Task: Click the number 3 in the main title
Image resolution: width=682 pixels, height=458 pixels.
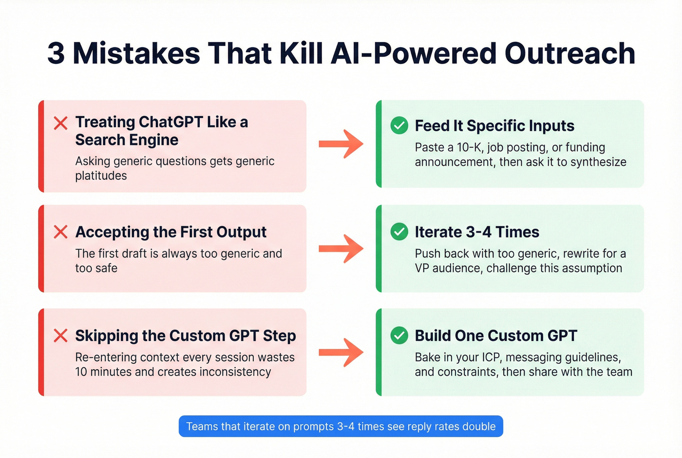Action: [56, 53]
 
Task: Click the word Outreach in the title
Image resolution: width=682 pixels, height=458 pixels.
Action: [569, 53]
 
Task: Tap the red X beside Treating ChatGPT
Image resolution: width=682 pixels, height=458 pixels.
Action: [61, 123]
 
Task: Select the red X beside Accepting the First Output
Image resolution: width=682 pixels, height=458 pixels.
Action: [61, 232]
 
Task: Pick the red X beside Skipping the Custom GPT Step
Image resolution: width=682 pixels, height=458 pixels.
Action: [61, 336]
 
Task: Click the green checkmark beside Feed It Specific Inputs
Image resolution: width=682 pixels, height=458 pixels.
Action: [399, 125]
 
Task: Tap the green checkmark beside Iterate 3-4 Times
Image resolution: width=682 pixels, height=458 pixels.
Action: [399, 232]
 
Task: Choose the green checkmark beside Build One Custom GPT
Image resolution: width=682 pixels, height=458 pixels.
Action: [399, 336]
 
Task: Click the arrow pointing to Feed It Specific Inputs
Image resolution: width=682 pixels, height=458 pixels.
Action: [341, 144]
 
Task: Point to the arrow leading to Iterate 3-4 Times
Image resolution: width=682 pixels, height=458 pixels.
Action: [341, 249]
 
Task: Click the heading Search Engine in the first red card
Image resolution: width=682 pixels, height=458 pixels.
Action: [127, 140]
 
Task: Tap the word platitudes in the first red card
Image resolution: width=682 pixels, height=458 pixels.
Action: [101, 176]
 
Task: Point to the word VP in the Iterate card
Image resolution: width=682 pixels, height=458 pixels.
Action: [421, 268]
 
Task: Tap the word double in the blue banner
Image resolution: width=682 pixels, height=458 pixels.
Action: [479, 426]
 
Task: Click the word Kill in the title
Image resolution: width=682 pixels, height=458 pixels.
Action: [302, 53]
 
